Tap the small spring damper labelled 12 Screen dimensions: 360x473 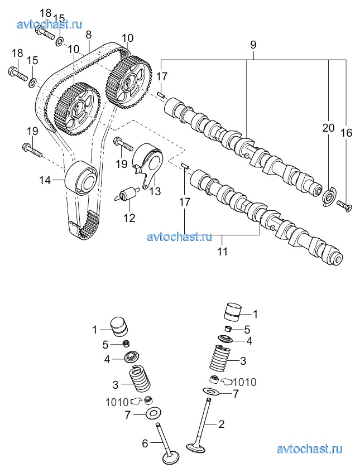click(127, 193)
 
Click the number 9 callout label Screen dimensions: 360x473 click(253, 45)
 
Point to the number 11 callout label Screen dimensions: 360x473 click(222, 251)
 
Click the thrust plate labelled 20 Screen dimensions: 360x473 click(329, 197)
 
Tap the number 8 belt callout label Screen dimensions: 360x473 click(88, 35)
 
